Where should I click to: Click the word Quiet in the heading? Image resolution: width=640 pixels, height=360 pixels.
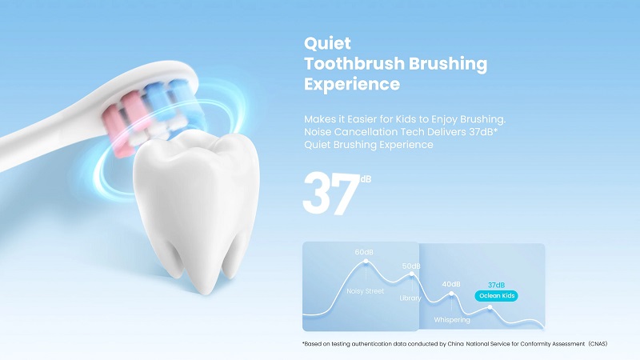coord(327,43)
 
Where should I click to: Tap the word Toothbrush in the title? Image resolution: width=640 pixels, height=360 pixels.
coord(354,64)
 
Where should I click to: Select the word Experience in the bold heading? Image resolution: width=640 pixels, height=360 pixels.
coord(352,85)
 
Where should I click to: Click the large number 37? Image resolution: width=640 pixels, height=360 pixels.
coord(330,194)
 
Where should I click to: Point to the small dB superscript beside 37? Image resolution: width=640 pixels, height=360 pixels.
coord(366,178)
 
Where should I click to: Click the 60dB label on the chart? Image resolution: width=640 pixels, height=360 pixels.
coord(364,252)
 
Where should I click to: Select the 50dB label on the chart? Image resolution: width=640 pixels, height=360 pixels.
coord(411,266)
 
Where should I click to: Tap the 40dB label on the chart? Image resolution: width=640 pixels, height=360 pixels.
coord(451,284)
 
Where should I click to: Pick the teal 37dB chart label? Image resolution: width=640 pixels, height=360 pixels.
coord(496,285)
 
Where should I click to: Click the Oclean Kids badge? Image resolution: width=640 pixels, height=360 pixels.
coord(496,295)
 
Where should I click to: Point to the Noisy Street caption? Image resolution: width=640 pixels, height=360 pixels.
coord(366,291)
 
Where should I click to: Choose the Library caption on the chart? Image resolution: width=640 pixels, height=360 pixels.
coord(410,298)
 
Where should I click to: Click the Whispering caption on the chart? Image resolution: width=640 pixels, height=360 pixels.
coord(452,319)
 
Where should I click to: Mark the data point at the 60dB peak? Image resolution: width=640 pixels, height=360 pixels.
coord(366,262)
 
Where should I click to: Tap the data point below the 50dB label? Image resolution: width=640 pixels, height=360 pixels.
coord(412,274)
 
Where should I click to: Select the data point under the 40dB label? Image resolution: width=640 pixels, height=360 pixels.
coord(451,294)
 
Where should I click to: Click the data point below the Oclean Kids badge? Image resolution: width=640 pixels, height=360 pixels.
coord(490,307)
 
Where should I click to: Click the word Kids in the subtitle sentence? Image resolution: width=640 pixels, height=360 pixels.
coord(406,119)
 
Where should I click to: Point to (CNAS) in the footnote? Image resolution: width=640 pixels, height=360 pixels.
coord(598,344)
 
